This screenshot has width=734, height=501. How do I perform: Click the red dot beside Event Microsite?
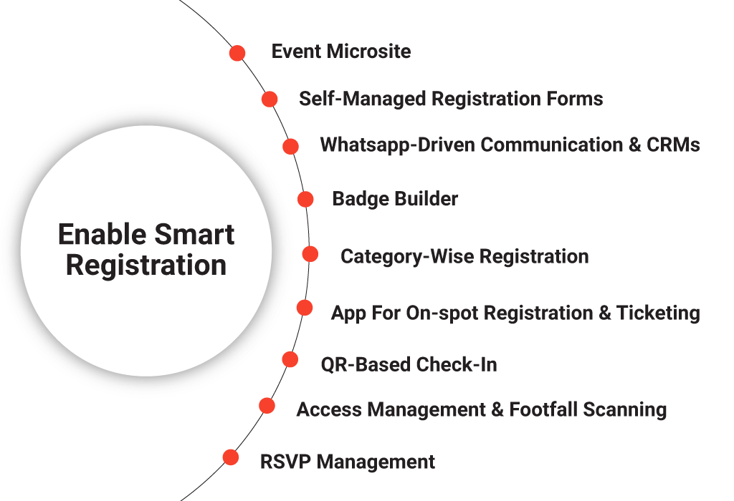(x=237, y=53)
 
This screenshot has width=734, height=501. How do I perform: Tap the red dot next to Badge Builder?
(x=305, y=199)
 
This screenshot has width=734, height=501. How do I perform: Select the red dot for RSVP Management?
(x=230, y=457)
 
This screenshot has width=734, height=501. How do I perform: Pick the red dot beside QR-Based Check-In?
(x=290, y=359)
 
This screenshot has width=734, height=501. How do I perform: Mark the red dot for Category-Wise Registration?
(x=310, y=254)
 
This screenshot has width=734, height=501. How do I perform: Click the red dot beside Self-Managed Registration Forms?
(x=270, y=99)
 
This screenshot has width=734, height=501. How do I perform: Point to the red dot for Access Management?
(x=267, y=406)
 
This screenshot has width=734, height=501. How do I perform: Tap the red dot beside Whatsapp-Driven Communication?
(x=291, y=146)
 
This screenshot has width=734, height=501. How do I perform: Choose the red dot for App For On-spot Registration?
(x=305, y=308)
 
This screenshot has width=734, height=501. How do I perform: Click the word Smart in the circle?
(x=194, y=234)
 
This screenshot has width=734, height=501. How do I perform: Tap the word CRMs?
(x=673, y=145)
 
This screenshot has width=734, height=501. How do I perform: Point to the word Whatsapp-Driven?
(x=398, y=145)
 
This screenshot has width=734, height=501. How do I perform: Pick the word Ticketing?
(x=658, y=313)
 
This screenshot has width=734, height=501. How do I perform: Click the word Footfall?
(x=543, y=409)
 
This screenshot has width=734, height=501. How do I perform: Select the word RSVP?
(x=285, y=462)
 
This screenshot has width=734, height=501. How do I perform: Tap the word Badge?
(x=361, y=199)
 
